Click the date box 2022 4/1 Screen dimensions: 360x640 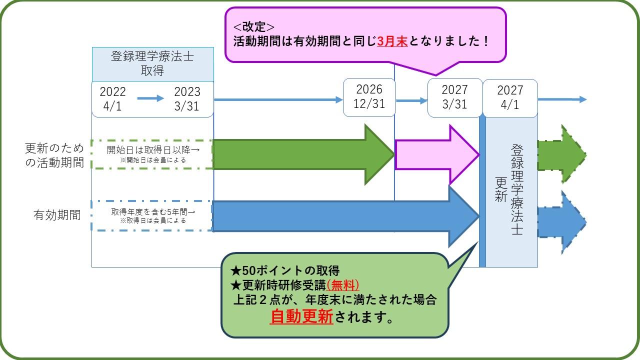pyautogui.click(x=113, y=98)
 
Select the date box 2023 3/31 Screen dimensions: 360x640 pyautogui.click(x=187, y=98)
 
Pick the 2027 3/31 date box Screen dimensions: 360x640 pyautogui.click(x=454, y=97)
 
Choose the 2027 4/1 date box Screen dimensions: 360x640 pyautogui.click(x=510, y=97)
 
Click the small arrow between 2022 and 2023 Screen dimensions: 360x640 pyautogui.click(x=150, y=98)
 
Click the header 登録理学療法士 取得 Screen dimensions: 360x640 pyautogui.click(x=152, y=63)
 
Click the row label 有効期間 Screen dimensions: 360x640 pyautogui.click(x=57, y=215)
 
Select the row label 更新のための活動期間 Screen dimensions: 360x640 pyautogui.click(x=54, y=155)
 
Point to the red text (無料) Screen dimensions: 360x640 pyautogui.click(x=343, y=284)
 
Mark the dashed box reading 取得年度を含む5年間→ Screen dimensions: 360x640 pyautogui.click(x=152, y=215)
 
